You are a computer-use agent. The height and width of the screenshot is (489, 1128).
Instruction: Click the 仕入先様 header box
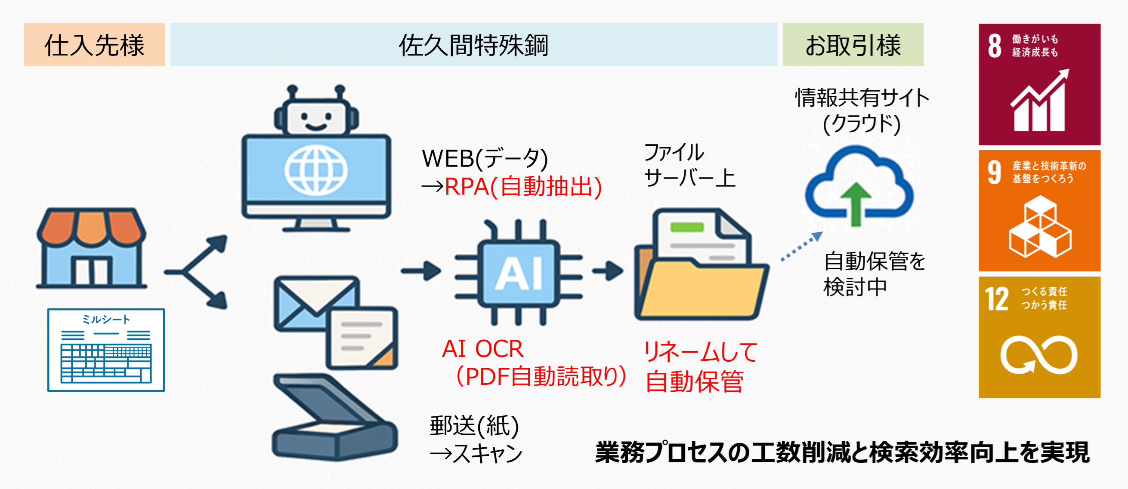tap(94, 45)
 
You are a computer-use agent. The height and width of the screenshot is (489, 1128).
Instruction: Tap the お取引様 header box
tap(853, 45)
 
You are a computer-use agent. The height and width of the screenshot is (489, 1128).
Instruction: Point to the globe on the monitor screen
tap(316, 170)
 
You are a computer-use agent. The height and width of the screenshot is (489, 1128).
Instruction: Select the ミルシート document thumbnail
tap(106, 350)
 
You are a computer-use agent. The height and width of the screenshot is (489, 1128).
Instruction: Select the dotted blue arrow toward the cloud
tap(801, 247)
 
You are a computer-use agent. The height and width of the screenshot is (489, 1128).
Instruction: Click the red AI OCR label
tap(482, 349)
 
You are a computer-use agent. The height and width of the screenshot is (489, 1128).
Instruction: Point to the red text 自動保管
tap(695, 381)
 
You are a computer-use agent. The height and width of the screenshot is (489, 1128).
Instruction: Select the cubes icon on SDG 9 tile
tap(1040, 227)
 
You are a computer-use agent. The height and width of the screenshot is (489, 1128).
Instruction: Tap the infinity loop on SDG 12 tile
tap(1039, 355)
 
